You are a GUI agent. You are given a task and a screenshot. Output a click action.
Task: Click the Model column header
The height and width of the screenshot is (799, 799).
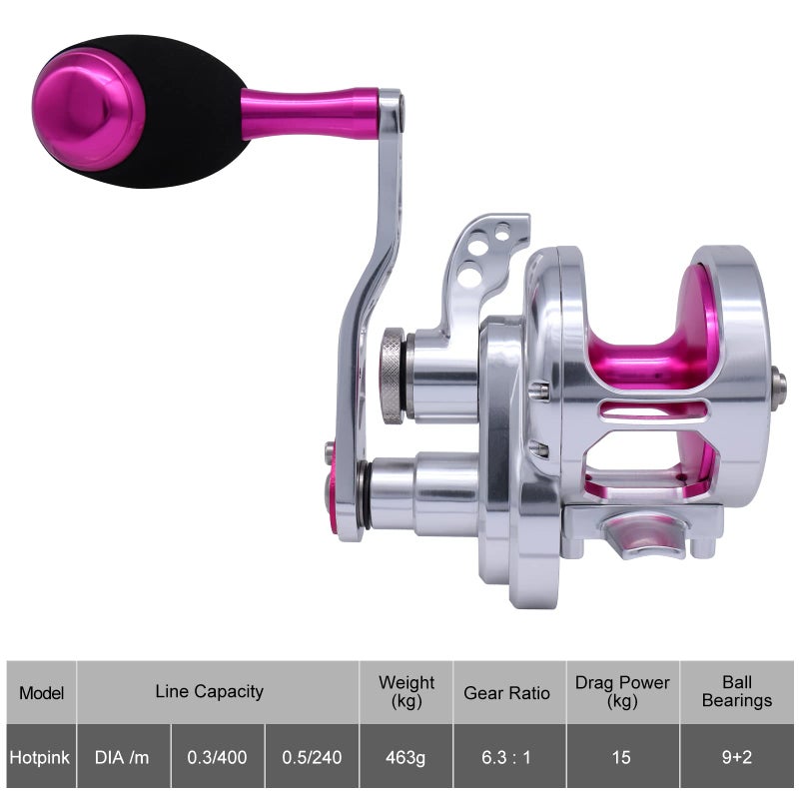pyautogui.click(x=41, y=693)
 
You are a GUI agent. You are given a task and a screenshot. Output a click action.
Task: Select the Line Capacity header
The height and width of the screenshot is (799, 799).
pyautogui.click(x=210, y=691)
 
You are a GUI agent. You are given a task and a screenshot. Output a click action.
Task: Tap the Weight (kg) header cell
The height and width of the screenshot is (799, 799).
pyautogui.click(x=406, y=691)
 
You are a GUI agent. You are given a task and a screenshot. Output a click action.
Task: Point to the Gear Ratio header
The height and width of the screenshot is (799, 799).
pyautogui.click(x=506, y=693)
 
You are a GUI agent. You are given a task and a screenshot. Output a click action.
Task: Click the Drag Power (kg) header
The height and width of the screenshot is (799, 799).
pyautogui.click(x=622, y=691)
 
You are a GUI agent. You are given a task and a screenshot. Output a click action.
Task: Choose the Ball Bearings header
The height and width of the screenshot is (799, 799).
pyautogui.click(x=737, y=691)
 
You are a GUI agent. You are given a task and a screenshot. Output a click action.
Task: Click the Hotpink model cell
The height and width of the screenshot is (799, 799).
pyautogui.click(x=40, y=757)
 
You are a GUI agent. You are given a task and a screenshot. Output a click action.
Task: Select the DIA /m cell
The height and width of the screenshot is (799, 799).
pyautogui.click(x=122, y=757)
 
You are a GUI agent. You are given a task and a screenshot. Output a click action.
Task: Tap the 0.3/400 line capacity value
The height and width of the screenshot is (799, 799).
pyautogui.click(x=217, y=757)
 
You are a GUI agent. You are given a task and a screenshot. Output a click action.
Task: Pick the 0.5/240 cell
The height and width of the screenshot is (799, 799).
pyautogui.click(x=312, y=757)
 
